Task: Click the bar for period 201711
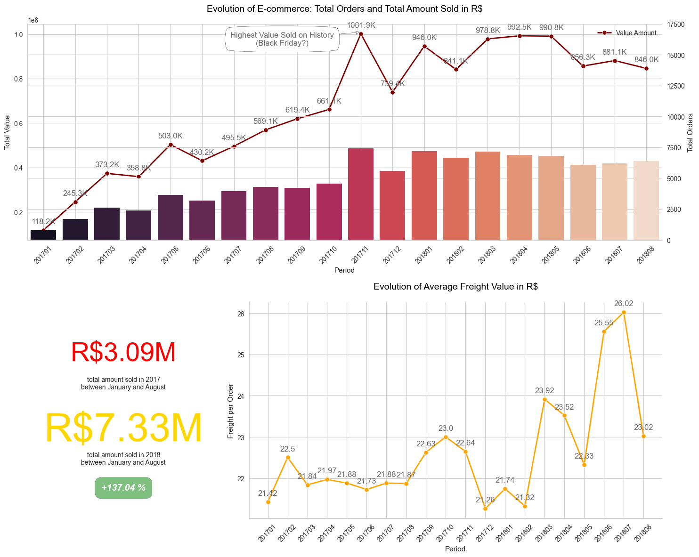click(361, 194)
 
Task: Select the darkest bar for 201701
click(43, 235)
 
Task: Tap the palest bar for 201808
click(646, 201)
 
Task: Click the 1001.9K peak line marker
click(361, 34)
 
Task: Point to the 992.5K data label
click(520, 27)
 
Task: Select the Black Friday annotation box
click(282, 39)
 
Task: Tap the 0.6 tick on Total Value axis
click(18, 123)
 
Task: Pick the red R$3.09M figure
click(123, 352)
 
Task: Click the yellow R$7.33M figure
click(123, 428)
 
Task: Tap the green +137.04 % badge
click(123, 488)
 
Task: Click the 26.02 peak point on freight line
click(624, 312)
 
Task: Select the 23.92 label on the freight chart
click(545, 390)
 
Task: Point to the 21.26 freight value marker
click(485, 509)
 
